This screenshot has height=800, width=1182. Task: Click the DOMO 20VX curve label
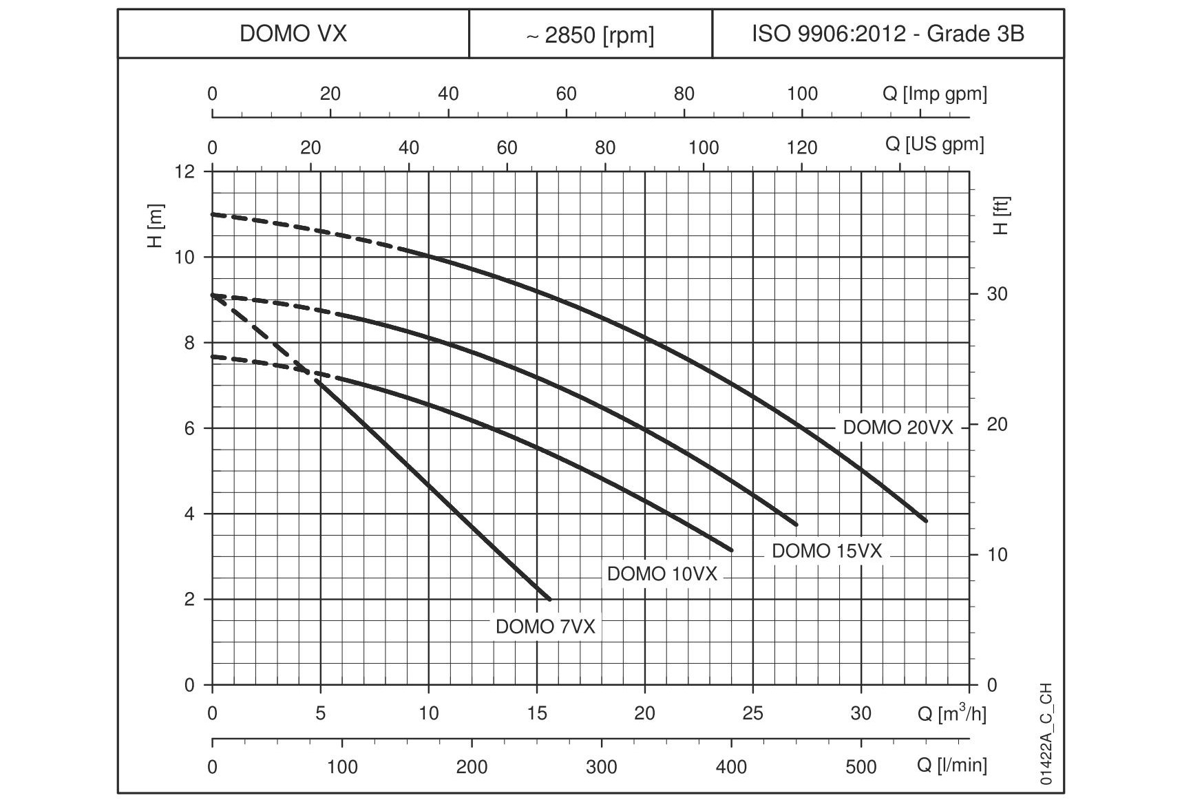(898, 428)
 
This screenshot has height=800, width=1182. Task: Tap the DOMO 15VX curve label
(826, 551)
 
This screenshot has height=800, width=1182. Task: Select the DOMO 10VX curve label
(662, 574)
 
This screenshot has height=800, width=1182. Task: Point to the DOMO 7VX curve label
(545, 627)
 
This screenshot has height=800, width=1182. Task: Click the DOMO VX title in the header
(293, 34)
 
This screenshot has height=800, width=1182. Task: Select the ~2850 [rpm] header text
(590, 35)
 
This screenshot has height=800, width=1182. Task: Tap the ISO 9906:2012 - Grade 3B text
(887, 34)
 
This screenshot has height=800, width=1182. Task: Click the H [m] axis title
(156, 226)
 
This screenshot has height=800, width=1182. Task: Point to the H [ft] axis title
(1002, 216)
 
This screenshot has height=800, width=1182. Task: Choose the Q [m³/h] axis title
(951, 713)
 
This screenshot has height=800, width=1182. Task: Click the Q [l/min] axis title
(951, 766)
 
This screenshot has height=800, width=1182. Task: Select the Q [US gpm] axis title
(934, 145)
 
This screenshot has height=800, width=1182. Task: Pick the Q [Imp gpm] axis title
(934, 94)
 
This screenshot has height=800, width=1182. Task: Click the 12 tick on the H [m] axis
(184, 171)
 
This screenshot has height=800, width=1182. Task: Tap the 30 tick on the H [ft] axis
(997, 294)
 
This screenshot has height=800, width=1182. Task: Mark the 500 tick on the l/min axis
(861, 766)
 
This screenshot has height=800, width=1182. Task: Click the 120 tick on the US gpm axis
(802, 147)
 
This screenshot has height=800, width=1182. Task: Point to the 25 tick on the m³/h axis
(752, 713)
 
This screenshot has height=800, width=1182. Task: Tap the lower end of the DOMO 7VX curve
(549, 599)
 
